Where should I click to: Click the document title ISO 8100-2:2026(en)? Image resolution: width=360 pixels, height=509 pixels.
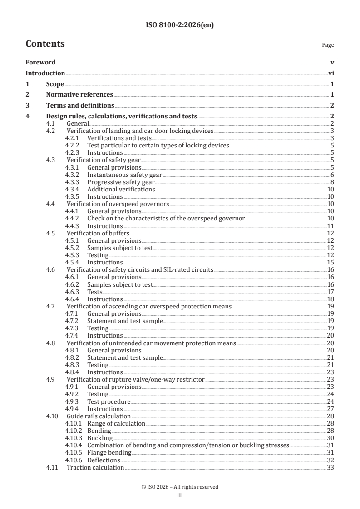(180, 25)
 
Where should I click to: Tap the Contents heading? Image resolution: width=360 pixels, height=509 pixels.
(45, 44)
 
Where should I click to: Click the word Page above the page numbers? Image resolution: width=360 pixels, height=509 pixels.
(328, 45)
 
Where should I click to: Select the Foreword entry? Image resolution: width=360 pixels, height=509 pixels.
(40, 62)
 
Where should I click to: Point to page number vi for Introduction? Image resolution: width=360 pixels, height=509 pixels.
(331, 73)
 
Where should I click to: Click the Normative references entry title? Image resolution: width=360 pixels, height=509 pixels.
(79, 95)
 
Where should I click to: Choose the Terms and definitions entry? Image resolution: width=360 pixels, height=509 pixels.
(80, 106)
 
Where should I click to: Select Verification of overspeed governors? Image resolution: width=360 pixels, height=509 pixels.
(118, 204)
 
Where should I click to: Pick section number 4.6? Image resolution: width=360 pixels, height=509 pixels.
(51, 270)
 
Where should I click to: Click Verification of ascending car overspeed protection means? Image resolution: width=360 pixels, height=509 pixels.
(149, 306)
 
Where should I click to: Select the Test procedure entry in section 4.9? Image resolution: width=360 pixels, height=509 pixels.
(109, 401)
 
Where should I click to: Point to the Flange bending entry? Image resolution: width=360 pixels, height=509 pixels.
(109, 453)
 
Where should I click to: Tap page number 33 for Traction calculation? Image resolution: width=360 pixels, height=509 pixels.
(330, 467)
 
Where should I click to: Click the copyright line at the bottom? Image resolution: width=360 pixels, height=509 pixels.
(180, 487)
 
